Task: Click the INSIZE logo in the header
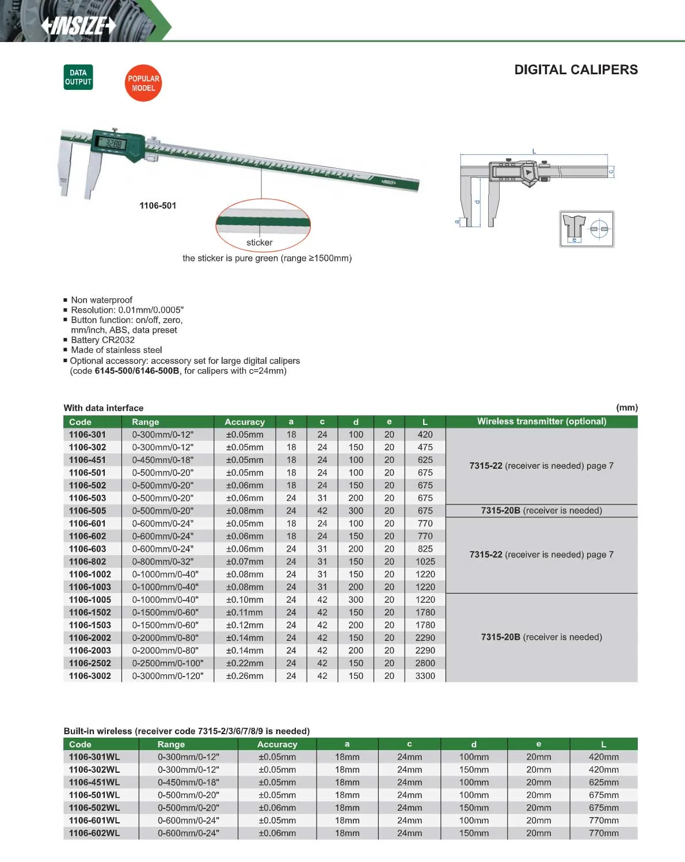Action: click(79, 25)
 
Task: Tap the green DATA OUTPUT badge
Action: click(78, 77)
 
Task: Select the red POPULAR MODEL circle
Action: click(143, 83)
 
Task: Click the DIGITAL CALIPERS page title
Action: click(576, 70)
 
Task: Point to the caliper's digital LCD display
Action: click(112, 143)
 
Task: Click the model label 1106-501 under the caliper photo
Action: click(158, 206)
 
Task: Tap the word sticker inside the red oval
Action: click(260, 242)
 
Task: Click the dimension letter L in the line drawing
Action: click(534, 151)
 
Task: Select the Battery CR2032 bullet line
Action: click(102, 340)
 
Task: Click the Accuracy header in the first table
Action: click(245, 421)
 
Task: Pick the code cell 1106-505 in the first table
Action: click(87, 511)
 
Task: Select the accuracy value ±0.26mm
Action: click(245, 676)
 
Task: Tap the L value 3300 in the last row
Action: click(425, 676)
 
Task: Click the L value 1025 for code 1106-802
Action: click(425, 561)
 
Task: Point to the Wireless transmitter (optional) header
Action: click(541, 421)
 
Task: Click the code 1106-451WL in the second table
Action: click(94, 783)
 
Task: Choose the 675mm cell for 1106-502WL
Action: click(603, 808)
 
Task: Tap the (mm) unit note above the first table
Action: click(626, 408)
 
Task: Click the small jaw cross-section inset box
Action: click(587, 229)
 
